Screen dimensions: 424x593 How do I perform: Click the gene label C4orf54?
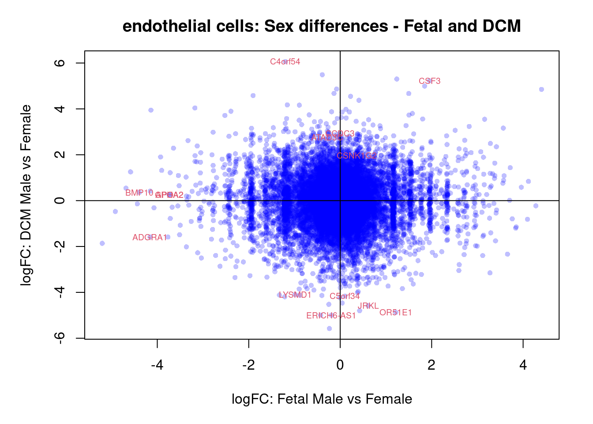pos(285,62)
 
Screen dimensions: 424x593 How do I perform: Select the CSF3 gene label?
pos(429,81)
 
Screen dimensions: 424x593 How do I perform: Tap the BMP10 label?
pos(139,193)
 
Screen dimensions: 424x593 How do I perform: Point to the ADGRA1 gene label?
pos(150,238)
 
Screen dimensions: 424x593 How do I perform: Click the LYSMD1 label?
pos(295,295)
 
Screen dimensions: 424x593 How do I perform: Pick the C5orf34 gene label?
pos(345,296)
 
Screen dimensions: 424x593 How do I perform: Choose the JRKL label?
pos(368,306)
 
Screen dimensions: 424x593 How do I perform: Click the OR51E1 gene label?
pos(395,313)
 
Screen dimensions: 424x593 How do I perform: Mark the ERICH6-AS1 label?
pos(331,316)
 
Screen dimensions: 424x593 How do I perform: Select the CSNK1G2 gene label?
pos(357,156)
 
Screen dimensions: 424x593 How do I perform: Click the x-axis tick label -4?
pos(157,365)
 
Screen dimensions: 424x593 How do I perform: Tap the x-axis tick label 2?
pos(432,365)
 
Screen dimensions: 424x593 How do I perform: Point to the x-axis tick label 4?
pos(523,365)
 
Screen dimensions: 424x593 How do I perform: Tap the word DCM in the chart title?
pos(501,26)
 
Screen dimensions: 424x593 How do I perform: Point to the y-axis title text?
pos(26,195)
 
